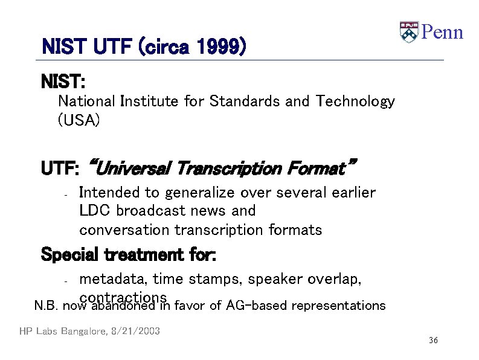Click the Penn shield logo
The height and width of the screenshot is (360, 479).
(409, 32)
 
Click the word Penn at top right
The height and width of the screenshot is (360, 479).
(442, 32)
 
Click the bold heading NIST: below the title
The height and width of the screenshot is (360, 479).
(63, 81)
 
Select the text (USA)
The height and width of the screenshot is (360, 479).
(79, 120)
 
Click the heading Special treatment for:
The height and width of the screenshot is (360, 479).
(127, 255)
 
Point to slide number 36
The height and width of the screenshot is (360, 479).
(433, 341)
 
